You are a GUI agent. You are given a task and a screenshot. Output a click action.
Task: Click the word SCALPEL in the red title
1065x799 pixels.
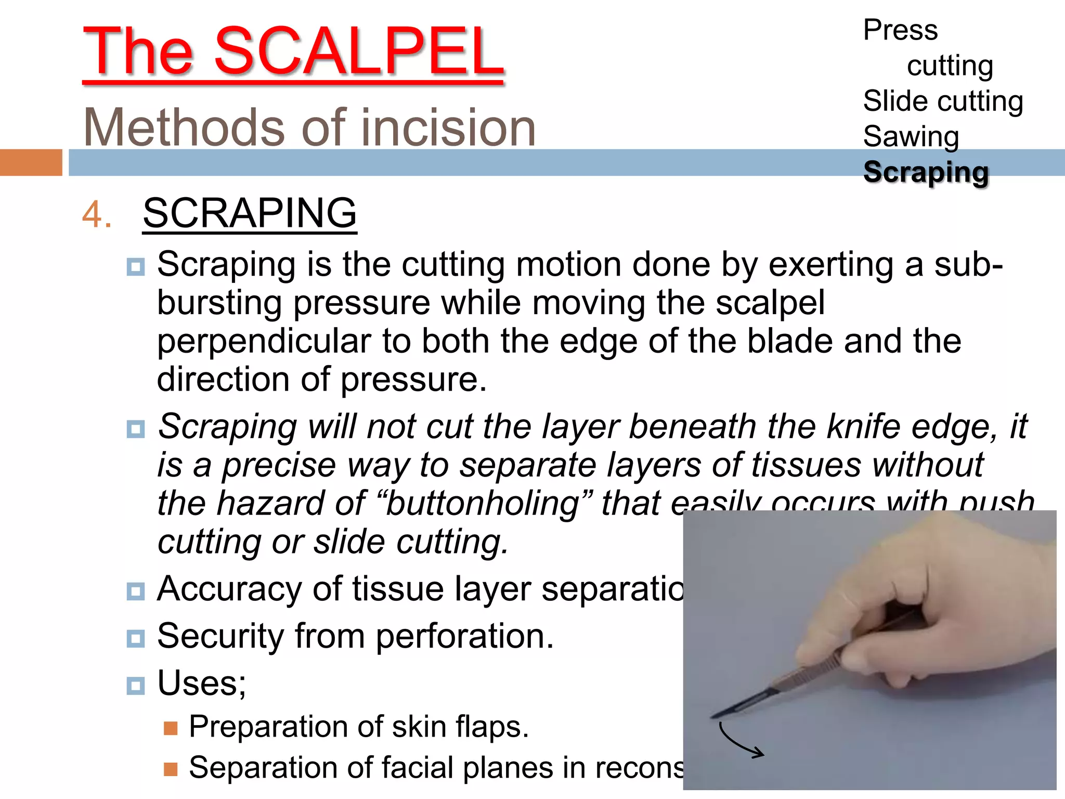359,52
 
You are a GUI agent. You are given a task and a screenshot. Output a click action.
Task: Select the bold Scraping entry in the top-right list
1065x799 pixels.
926,172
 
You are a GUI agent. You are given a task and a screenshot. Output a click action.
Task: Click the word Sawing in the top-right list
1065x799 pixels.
911,137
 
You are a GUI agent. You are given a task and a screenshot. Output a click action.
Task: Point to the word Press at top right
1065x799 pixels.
900,30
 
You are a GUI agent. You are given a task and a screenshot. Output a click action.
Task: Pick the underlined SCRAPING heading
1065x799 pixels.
250,213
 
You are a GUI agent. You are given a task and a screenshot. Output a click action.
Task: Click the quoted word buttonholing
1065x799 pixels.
483,503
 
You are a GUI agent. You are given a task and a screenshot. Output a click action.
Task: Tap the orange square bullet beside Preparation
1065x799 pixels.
171,728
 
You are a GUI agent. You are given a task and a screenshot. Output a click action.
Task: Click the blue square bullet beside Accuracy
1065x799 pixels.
136,591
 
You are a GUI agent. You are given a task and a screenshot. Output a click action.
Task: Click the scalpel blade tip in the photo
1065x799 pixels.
713,717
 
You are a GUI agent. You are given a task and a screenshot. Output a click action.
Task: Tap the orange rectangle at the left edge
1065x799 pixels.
31,162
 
